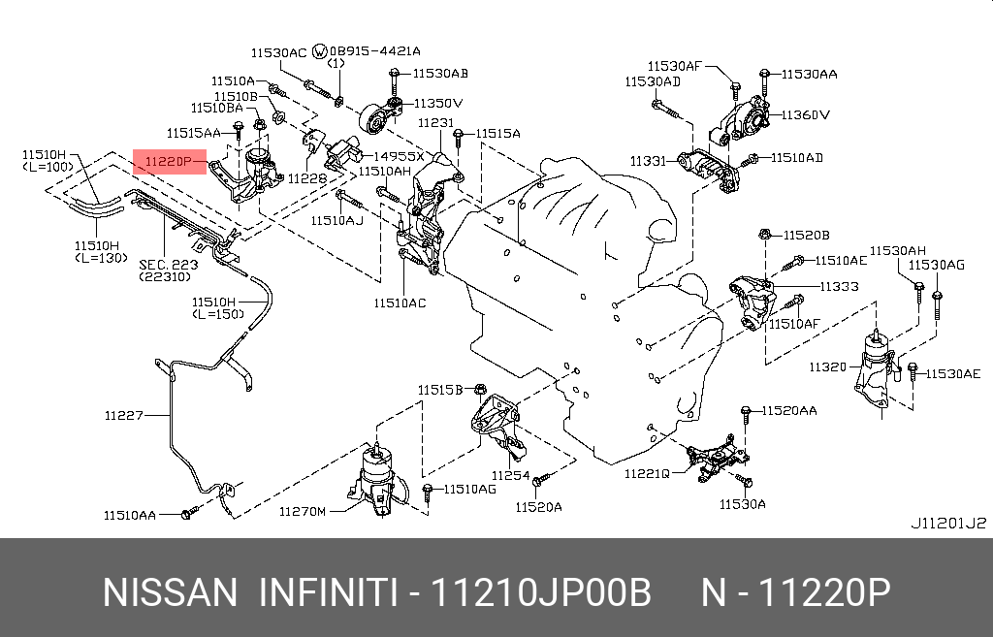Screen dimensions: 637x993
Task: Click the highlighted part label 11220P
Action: (x=169, y=160)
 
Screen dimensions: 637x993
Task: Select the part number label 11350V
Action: (x=439, y=102)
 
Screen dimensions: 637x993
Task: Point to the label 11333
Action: (x=840, y=286)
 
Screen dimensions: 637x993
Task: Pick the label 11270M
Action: (x=303, y=511)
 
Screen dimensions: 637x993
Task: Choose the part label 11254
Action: (x=510, y=475)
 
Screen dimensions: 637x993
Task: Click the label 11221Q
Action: (x=647, y=473)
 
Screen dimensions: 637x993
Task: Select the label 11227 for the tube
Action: (x=124, y=416)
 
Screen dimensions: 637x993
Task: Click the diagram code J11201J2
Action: (x=947, y=523)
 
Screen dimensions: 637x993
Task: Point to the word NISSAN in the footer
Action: (x=170, y=591)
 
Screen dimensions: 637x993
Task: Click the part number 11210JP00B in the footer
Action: (x=541, y=591)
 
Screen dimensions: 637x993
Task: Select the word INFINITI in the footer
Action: (x=328, y=591)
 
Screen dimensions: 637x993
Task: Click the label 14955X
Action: (x=400, y=155)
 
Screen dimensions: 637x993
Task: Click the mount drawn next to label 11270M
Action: (x=374, y=480)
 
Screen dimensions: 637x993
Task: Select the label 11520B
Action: (x=807, y=235)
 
